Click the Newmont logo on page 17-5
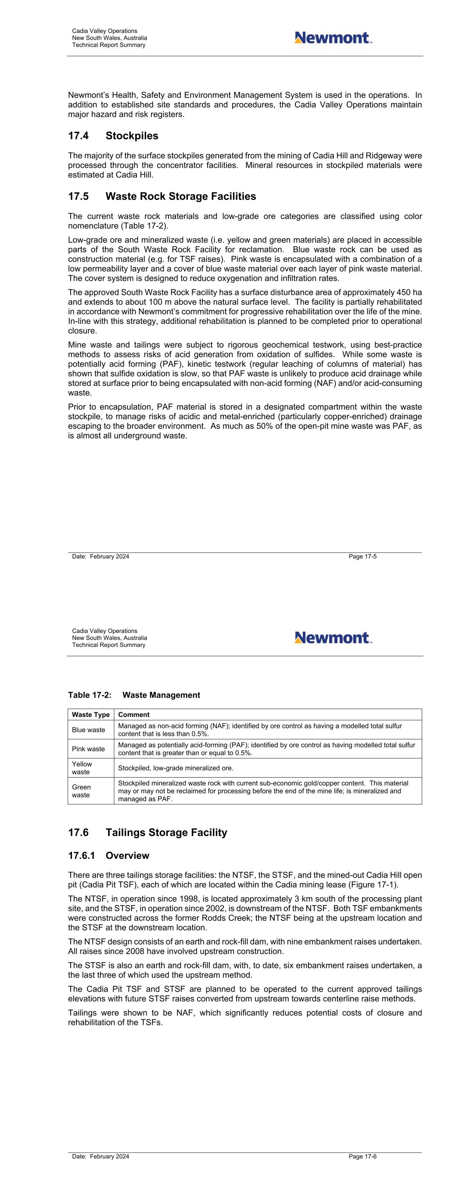[333, 38]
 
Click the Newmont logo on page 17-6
[333, 638]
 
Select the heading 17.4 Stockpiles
[113, 136]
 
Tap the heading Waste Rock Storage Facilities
[180, 196]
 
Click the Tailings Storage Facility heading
[166, 833]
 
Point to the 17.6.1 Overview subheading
[108, 856]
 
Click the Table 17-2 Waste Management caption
[134, 695]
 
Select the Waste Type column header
[91, 715]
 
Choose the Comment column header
[134, 715]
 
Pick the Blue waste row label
[88, 730]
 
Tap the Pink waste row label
[88, 749]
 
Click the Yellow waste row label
[82, 768]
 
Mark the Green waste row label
[81, 791]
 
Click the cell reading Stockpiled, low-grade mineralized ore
[176, 768]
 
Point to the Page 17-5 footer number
[363, 556]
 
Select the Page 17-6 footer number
[363, 1156]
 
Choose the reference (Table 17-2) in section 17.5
[141, 226]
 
